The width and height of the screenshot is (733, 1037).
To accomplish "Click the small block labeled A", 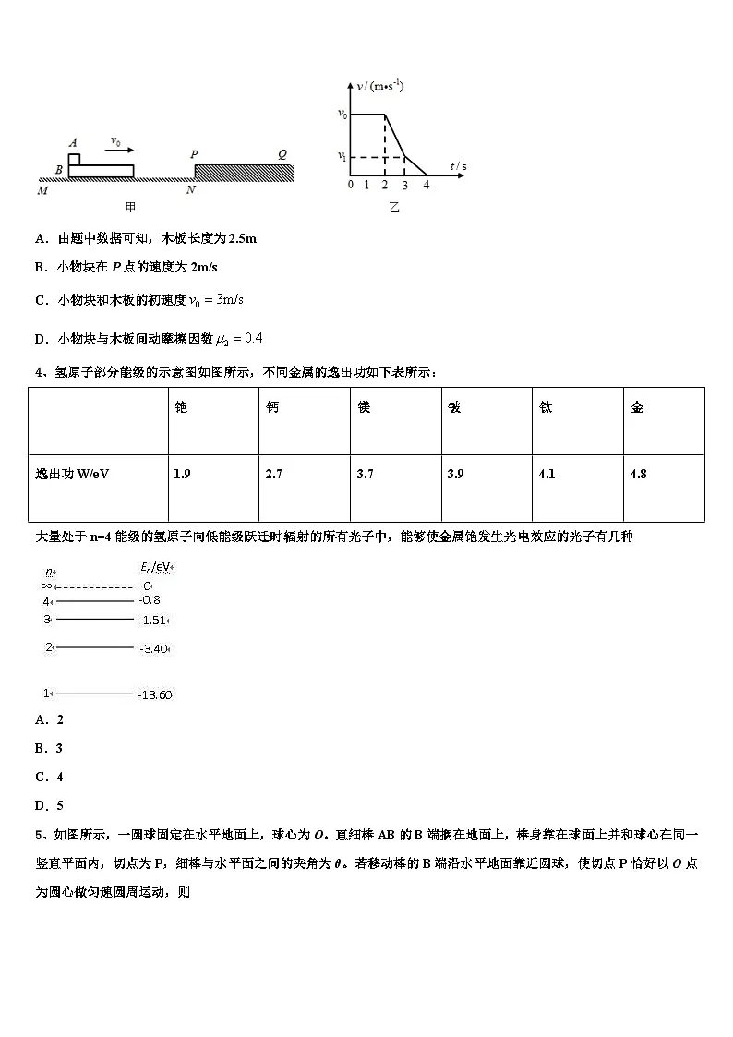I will click(73, 158).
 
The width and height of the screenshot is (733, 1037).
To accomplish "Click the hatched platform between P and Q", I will click(244, 172).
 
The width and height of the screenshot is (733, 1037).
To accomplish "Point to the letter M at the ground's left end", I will click(42, 190).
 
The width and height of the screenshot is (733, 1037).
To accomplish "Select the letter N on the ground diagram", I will click(190, 190).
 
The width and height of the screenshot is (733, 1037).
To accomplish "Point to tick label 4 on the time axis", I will click(426, 185).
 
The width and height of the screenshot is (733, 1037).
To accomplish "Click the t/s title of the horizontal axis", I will click(458, 166).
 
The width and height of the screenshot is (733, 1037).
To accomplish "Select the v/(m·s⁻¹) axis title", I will click(380, 87).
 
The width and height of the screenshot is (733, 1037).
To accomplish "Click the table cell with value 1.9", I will click(183, 474).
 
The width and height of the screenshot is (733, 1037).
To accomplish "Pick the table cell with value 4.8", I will click(638, 474).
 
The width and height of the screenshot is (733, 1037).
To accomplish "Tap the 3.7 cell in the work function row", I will click(365, 474).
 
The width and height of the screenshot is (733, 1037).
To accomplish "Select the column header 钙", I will click(271, 407).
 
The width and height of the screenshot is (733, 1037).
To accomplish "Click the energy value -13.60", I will click(155, 694).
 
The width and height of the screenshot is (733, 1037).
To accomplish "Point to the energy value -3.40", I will click(153, 649).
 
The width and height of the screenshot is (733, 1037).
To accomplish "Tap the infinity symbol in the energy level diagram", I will click(46, 585).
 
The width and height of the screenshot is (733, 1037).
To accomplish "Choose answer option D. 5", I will click(49, 805).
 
